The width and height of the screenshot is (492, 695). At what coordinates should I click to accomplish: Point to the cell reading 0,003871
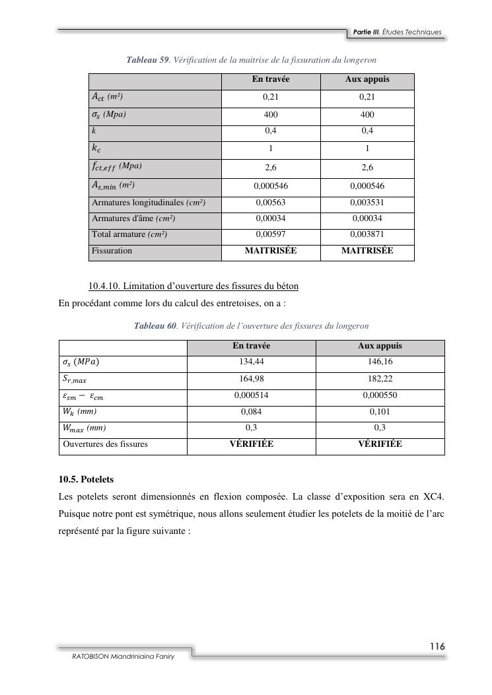tap(367, 234)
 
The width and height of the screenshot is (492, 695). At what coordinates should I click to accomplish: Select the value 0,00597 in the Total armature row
tap(271, 234)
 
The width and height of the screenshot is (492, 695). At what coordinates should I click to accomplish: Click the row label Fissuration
tap(112, 251)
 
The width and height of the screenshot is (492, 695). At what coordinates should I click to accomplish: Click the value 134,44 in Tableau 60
tap(252, 362)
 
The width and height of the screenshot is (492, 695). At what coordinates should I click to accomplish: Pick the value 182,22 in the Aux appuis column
tap(380, 379)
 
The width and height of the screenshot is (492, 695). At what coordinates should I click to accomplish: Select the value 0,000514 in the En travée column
tap(252, 395)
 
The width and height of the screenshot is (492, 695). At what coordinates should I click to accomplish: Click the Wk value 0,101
tap(380, 412)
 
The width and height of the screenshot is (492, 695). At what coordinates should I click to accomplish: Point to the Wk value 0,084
tap(252, 412)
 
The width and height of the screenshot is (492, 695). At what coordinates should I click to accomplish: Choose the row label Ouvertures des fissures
tap(105, 444)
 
